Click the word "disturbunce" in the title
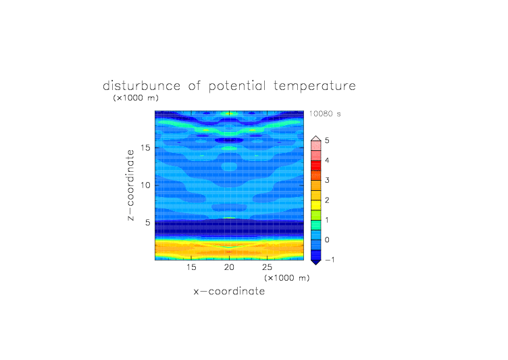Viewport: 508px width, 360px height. pos(142,86)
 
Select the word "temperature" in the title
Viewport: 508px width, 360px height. pos(315,87)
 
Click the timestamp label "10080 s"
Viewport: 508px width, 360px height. pos(325,114)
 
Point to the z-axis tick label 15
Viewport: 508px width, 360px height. pos(145,148)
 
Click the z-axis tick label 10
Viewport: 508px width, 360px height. pos(145,185)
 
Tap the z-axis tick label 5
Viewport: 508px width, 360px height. pos(148,223)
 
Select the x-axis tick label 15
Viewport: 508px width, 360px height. pos(191,267)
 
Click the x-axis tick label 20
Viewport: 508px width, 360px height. pos(229,267)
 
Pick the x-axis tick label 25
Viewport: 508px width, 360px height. pos(267,267)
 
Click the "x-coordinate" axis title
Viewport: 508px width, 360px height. pos(229,291)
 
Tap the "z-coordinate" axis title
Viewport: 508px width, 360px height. pos(130,185)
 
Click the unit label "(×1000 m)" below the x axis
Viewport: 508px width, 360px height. pos(287,278)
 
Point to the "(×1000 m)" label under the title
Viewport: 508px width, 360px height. pos(136,97)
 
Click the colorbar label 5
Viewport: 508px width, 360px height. pos(327,141)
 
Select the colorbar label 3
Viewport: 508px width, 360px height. pos(327,180)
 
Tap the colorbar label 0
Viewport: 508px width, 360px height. pos(327,240)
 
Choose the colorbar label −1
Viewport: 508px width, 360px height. pos(330,260)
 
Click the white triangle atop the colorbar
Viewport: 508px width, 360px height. pos(316,139)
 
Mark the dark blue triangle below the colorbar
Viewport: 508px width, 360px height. pos(316,263)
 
